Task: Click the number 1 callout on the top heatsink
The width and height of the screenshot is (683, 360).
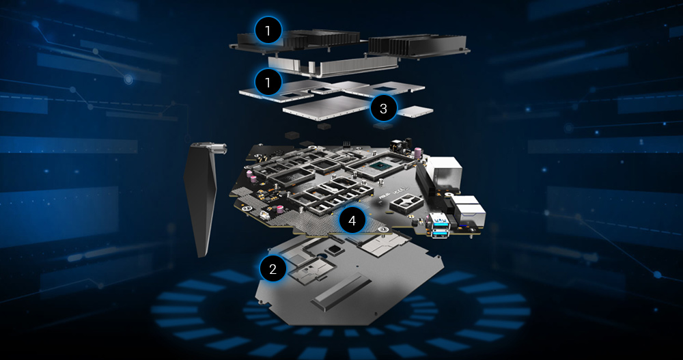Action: point(268,30)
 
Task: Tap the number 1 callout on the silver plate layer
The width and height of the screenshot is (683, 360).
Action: point(268,81)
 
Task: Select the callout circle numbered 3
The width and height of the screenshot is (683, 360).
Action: point(383,108)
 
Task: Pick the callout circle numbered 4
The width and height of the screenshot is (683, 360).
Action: point(352,221)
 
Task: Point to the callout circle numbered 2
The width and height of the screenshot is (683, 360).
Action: point(273,269)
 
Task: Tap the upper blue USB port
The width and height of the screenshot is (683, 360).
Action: point(439,219)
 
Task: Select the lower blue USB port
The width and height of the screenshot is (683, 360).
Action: point(441,233)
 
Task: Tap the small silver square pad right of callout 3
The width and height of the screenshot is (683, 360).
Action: point(415,111)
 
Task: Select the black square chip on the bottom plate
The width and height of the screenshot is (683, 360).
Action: point(334,249)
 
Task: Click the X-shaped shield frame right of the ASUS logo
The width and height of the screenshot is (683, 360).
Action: point(405,202)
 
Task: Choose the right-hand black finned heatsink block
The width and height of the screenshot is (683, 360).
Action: point(417,46)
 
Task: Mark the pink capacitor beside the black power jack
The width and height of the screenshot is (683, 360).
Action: point(417,152)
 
